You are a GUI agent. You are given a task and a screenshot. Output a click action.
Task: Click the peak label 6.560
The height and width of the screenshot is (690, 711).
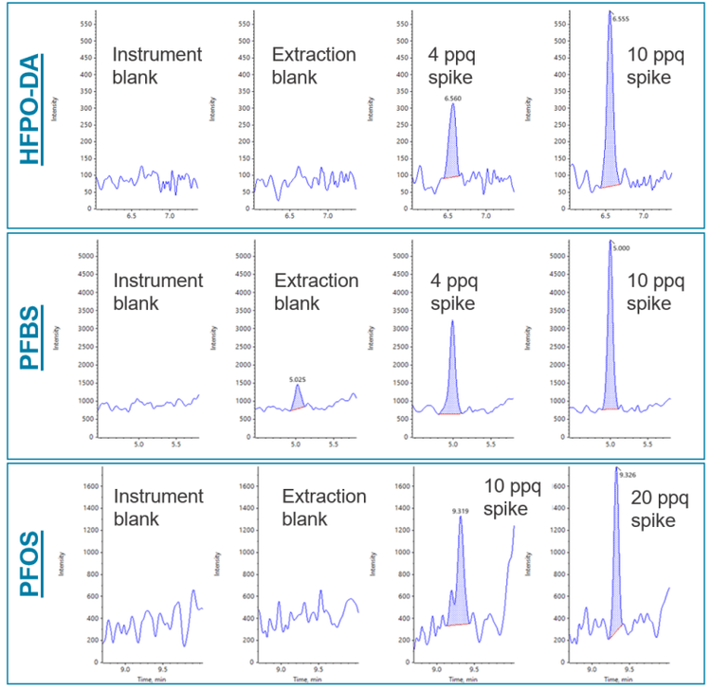tap(452, 97)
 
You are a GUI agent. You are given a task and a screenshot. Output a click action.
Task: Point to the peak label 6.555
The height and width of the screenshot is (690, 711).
tap(621, 18)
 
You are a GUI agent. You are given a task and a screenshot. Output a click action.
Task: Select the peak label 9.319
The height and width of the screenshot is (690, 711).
tap(461, 511)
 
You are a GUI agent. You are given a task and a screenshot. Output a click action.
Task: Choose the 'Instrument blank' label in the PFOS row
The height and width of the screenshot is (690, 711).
tap(158, 508)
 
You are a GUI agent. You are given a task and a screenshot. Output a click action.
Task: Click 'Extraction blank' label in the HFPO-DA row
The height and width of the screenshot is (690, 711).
tap(315, 65)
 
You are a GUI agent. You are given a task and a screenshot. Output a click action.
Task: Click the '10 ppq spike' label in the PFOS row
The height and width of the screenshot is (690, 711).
tap(512, 498)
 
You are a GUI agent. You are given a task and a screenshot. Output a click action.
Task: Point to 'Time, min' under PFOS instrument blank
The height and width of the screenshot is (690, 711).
tap(140, 680)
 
